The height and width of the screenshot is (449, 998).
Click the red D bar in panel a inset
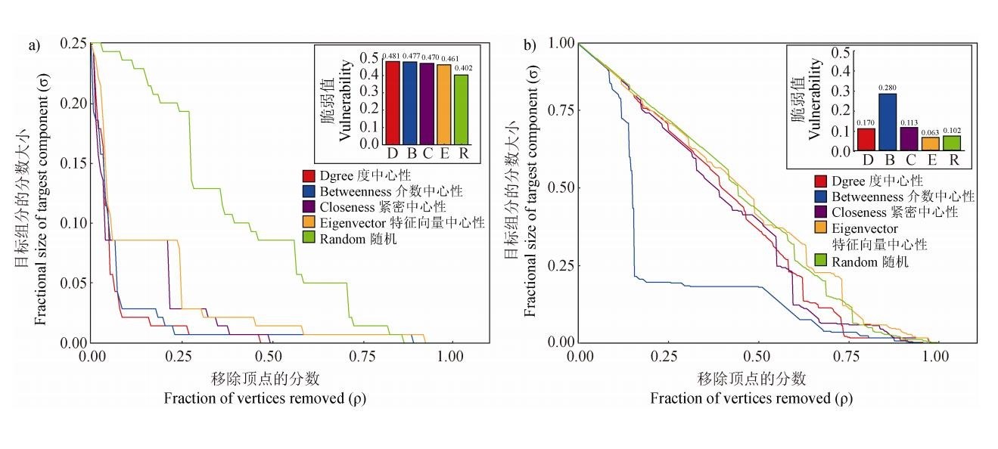point(392,102)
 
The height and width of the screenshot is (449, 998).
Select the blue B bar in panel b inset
point(886,122)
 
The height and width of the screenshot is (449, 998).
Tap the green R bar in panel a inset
point(461,109)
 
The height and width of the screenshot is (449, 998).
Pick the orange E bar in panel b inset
point(931,144)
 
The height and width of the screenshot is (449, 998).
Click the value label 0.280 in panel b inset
point(886,88)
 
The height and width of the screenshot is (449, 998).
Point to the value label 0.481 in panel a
point(391,56)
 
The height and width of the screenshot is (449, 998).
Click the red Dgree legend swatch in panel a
point(308,176)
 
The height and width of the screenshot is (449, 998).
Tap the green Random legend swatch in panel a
point(308,239)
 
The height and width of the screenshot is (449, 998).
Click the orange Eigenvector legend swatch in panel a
point(308,223)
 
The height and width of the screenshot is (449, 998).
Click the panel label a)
point(34,46)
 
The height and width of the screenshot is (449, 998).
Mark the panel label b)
point(530,46)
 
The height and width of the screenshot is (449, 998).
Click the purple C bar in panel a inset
point(427,104)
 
